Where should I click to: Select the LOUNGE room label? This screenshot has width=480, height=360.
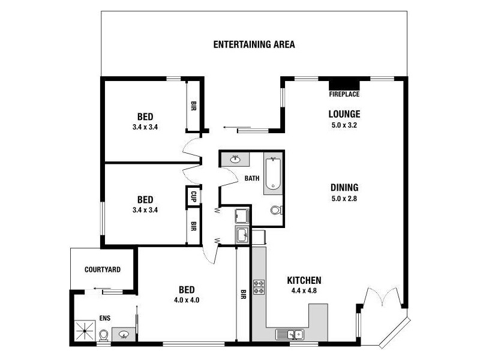pyautogui.click(x=344, y=114)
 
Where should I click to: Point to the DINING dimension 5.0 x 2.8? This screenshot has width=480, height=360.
pyautogui.click(x=344, y=199)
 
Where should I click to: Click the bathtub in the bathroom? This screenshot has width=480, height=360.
pyautogui.click(x=273, y=174)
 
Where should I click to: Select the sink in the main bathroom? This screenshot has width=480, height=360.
pyautogui.click(x=235, y=159)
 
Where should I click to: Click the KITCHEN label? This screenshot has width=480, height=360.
pyautogui.click(x=304, y=280)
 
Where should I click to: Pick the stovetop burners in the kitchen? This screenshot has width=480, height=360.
pyautogui.click(x=259, y=287)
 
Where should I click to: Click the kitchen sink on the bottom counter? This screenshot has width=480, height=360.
pyautogui.click(x=290, y=334)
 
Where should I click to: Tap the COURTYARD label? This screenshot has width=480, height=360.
pyautogui.click(x=103, y=270)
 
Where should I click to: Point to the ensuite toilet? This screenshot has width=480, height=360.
pyautogui.click(x=103, y=335)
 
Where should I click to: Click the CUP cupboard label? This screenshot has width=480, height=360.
pyautogui.click(x=194, y=196)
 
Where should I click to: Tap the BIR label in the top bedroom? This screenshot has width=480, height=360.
pyautogui.click(x=194, y=106)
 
